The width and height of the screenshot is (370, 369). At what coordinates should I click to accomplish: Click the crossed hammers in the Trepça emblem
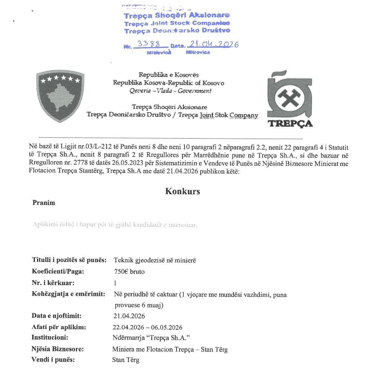[x=289, y=98]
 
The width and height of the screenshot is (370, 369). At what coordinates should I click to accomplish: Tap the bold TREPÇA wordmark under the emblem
[x=290, y=123]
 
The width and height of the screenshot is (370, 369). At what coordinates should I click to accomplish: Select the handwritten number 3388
[x=149, y=44]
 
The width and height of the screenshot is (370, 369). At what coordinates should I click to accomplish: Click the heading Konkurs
[x=183, y=191]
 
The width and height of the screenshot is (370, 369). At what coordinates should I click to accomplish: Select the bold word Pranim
[x=44, y=203]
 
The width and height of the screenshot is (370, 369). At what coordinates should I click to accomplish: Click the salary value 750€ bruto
[x=129, y=272]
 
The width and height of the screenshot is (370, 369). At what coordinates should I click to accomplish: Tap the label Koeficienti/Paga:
[x=58, y=271]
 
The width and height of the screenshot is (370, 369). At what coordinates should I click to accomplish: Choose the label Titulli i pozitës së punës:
[x=69, y=260]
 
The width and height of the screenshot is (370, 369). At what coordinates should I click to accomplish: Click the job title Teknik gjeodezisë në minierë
[x=155, y=260]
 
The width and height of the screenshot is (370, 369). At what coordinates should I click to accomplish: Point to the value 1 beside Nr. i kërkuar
[x=115, y=283]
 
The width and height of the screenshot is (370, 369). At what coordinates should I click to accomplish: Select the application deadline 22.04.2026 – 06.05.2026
[x=147, y=327]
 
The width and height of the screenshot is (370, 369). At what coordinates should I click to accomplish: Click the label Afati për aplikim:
[x=59, y=327]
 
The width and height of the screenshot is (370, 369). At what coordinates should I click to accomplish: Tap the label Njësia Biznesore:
[x=58, y=349]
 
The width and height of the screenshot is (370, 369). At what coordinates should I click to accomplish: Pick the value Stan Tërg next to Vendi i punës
[x=126, y=360]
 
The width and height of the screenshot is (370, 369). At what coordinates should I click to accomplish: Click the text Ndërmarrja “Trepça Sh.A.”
[x=151, y=338]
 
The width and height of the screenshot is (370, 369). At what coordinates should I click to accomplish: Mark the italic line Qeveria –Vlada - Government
[x=170, y=91]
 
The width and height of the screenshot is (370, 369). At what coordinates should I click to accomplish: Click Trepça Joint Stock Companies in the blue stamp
[x=177, y=23]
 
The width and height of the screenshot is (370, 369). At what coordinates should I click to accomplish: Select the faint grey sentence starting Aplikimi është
[x=115, y=225]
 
